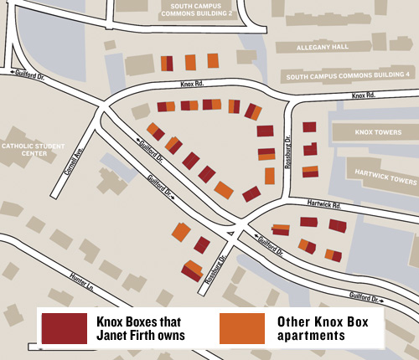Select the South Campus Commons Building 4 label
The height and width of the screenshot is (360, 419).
point(348,75)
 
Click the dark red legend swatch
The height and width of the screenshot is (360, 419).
point(63,327)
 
